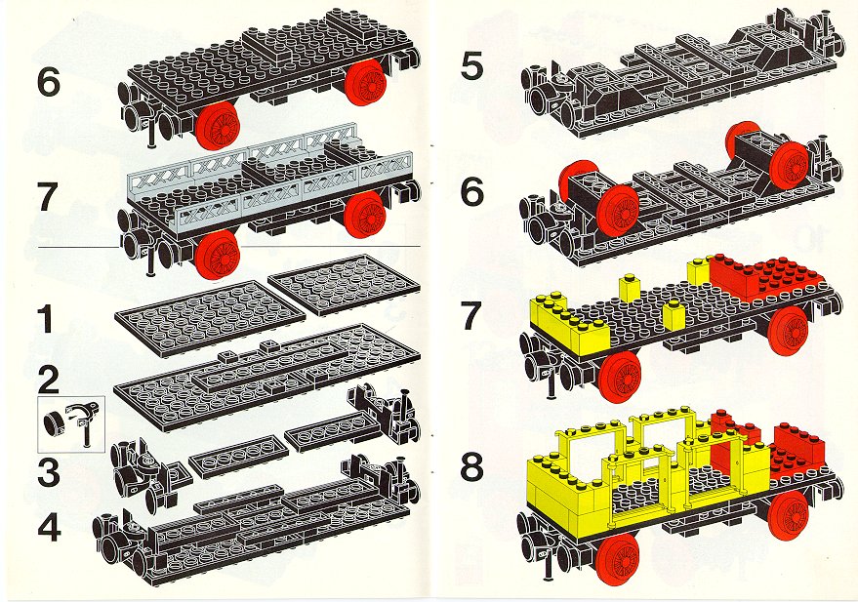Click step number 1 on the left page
point(47,320)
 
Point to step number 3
point(49,472)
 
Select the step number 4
point(49,527)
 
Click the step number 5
point(471,66)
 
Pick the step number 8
point(471,467)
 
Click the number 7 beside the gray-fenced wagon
point(47,197)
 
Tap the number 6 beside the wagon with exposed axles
point(471,193)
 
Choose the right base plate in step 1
point(345,284)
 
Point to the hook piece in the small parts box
point(82,422)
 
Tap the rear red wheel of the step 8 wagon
point(788,516)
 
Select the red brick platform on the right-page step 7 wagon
point(766,279)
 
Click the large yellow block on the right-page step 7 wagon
point(570,321)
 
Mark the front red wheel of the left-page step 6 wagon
point(218,128)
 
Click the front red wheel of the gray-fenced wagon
point(218,255)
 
